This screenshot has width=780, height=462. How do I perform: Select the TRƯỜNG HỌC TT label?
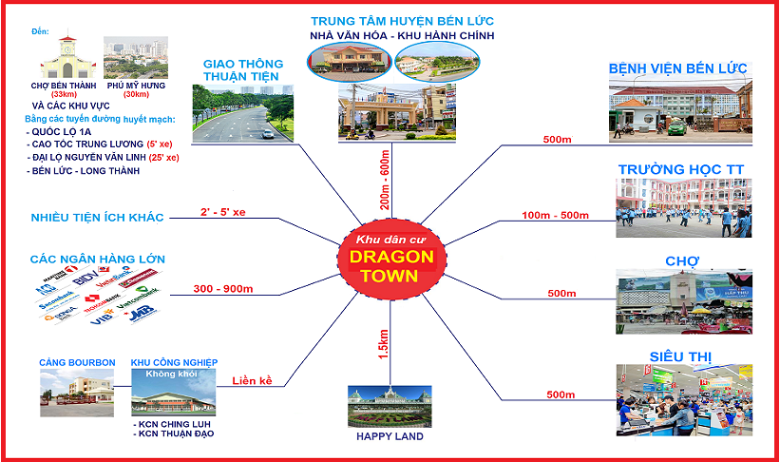680,169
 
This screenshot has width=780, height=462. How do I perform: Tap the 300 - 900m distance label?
222,288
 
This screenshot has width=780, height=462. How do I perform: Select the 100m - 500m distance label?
556,216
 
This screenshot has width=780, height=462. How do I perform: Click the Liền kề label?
252,381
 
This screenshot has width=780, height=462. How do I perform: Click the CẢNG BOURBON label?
77,363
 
